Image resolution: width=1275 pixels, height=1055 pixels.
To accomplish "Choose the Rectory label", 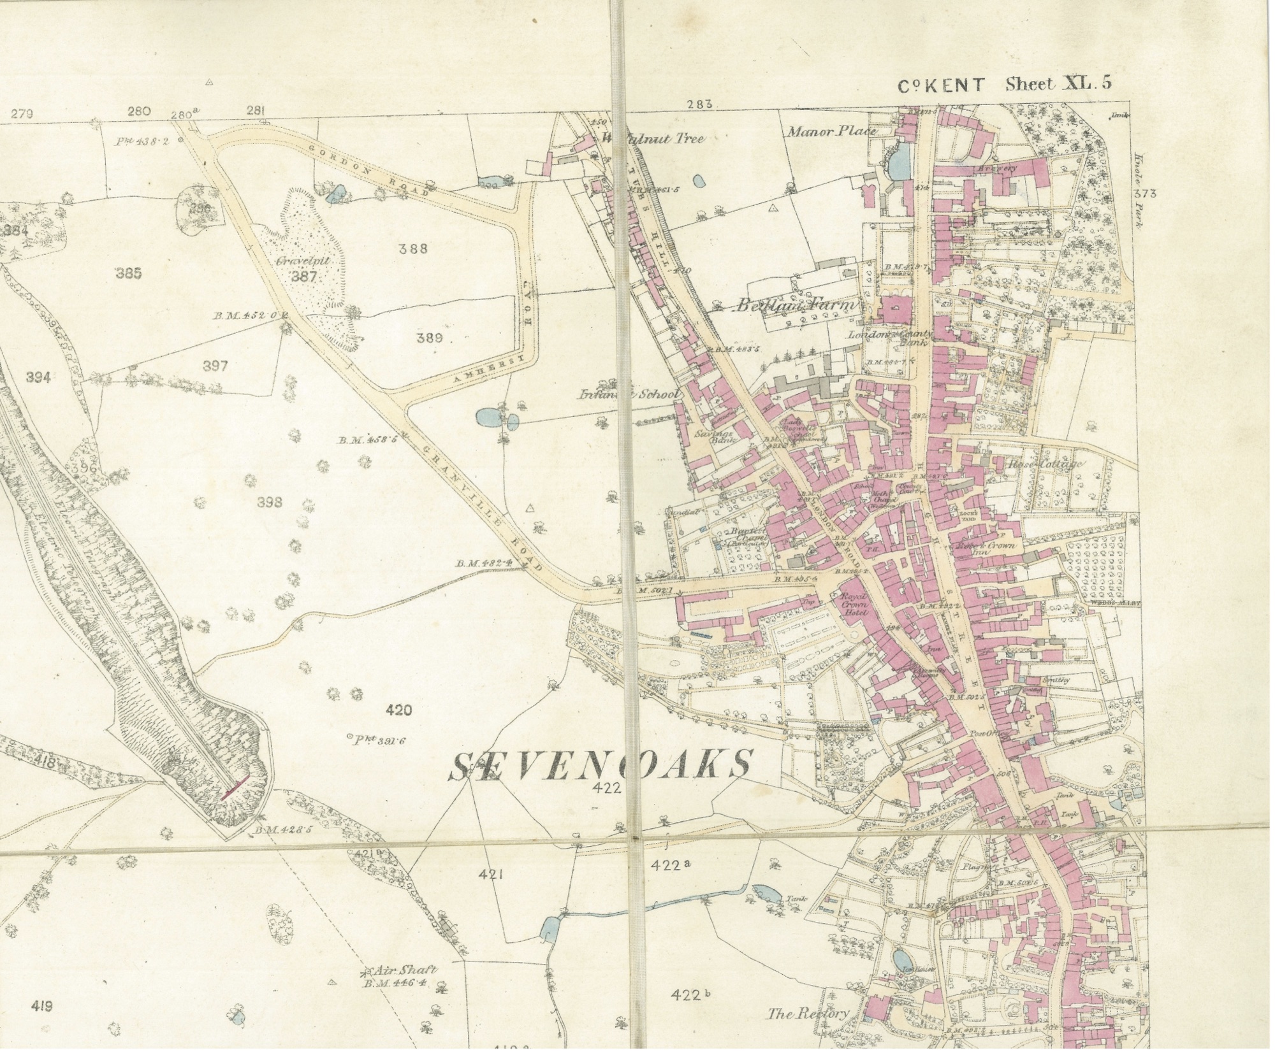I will point(808,1014).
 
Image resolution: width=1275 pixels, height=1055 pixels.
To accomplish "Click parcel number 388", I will point(413,249).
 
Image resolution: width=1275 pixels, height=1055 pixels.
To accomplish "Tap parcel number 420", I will point(399,710).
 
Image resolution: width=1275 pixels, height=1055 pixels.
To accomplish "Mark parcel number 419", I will point(41,1007).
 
